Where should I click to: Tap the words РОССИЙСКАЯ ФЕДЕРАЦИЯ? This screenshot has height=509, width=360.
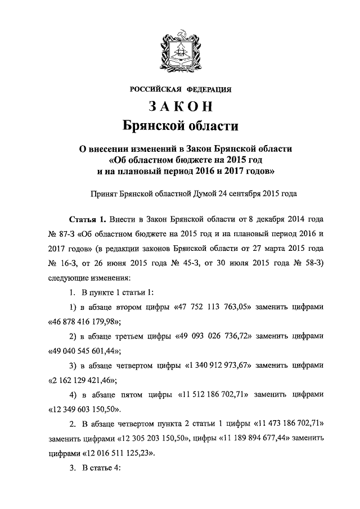pos(180,88)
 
